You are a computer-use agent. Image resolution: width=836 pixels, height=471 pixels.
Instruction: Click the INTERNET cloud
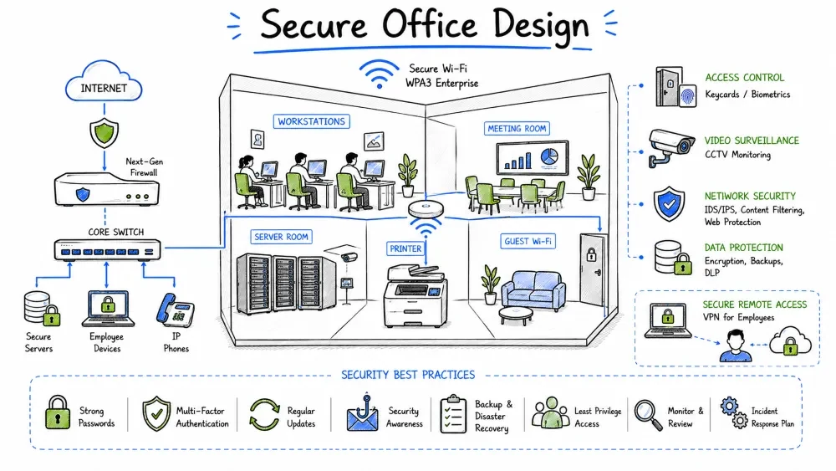[104, 83]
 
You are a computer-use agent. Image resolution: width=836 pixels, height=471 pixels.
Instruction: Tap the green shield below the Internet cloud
[104, 133]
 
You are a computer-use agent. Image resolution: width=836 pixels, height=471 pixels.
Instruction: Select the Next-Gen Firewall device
[107, 190]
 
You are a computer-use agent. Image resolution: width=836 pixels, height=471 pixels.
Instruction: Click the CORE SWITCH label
[115, 232]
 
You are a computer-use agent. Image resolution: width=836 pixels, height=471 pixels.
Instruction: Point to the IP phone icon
[176, 310]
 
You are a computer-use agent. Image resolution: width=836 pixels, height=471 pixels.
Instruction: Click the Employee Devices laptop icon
[108, 309]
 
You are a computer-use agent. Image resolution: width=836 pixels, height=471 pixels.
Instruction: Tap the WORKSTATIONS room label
[311, 121]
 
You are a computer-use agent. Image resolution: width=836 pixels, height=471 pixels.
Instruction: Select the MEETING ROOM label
[517, 129]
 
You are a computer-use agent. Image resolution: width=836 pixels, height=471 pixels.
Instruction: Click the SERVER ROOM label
[281, 237]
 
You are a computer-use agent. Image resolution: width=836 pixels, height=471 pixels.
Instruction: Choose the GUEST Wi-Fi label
[528, 241]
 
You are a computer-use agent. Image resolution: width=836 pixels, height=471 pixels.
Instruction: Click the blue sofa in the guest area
[533, 290]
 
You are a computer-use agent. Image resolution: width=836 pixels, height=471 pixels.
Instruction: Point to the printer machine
[415, 295]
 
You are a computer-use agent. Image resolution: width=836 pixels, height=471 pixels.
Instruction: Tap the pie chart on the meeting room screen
[549, 156]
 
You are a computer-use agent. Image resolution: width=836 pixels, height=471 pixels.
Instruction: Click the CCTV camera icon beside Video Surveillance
[671, 147]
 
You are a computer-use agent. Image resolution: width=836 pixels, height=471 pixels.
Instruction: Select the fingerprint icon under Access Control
[688, 97]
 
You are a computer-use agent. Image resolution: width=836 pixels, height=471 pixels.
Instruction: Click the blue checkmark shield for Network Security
[669, 204]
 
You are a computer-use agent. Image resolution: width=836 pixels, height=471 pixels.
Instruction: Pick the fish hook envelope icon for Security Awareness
[362, 413]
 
